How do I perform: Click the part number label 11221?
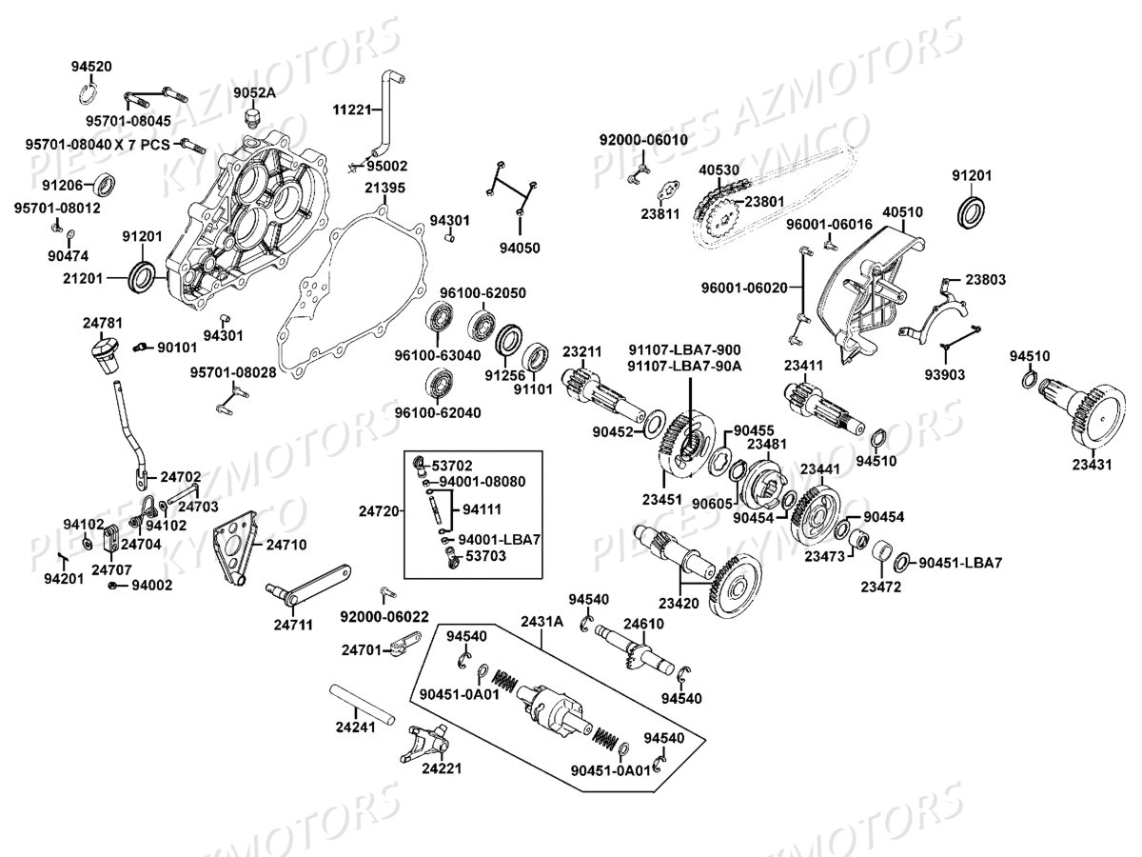pos(352,110)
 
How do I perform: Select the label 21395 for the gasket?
pos(384,188)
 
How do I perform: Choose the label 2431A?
pos(541,621)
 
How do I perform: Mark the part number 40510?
pos(902,211)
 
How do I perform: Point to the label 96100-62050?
pos(482,292)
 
